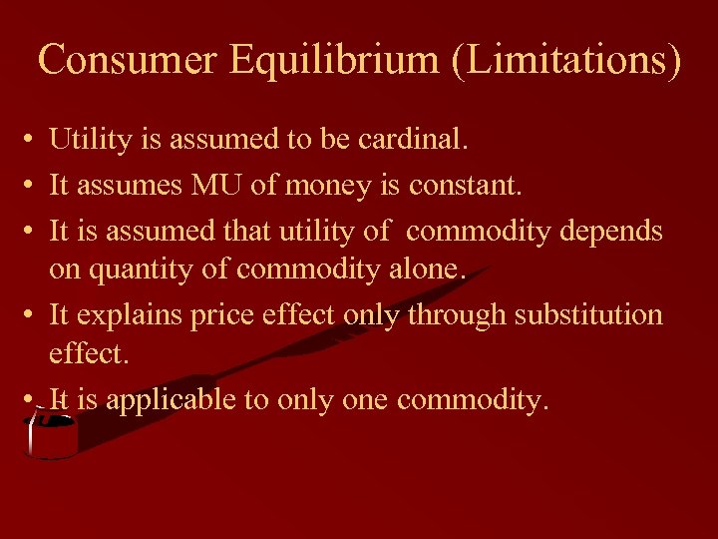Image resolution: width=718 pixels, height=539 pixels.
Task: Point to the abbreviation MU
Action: point(201,185)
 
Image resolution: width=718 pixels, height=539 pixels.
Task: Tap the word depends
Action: point(611,231)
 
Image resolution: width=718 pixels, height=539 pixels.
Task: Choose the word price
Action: point(224,314)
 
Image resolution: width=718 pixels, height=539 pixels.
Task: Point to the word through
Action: point(458,314)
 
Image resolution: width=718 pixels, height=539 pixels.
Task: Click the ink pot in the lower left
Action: point(49,436)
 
